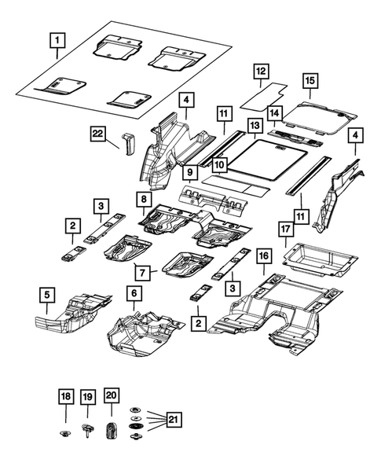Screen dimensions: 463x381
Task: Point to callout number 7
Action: [142, 273]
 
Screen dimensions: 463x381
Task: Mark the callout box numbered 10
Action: [218, 164]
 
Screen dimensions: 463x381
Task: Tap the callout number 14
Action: [275, 115]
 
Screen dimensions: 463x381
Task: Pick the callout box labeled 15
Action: [310, 80]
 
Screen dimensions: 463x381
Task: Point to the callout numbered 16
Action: [264, 256]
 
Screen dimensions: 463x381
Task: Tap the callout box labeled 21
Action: [174, 420]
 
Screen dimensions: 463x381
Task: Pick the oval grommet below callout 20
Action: [111, 431]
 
